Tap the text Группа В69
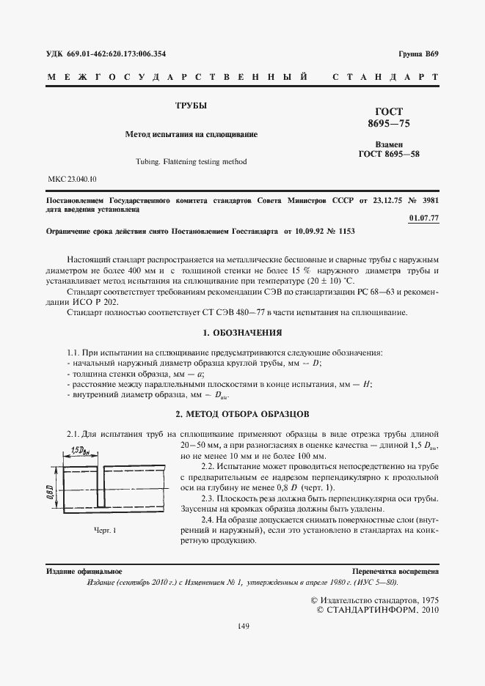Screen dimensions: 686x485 (x=418, y=54)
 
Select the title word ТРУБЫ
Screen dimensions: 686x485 (x=190, y=106)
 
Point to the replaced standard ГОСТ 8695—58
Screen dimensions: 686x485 (x=388, y=154)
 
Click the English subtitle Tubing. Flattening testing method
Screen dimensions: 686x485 (x=191, y=161)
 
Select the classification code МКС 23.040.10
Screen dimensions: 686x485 (x=72, y=179)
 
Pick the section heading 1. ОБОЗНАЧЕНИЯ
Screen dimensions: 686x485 (x=242, y=332)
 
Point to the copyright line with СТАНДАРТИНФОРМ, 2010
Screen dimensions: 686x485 (x=377, y=610)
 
